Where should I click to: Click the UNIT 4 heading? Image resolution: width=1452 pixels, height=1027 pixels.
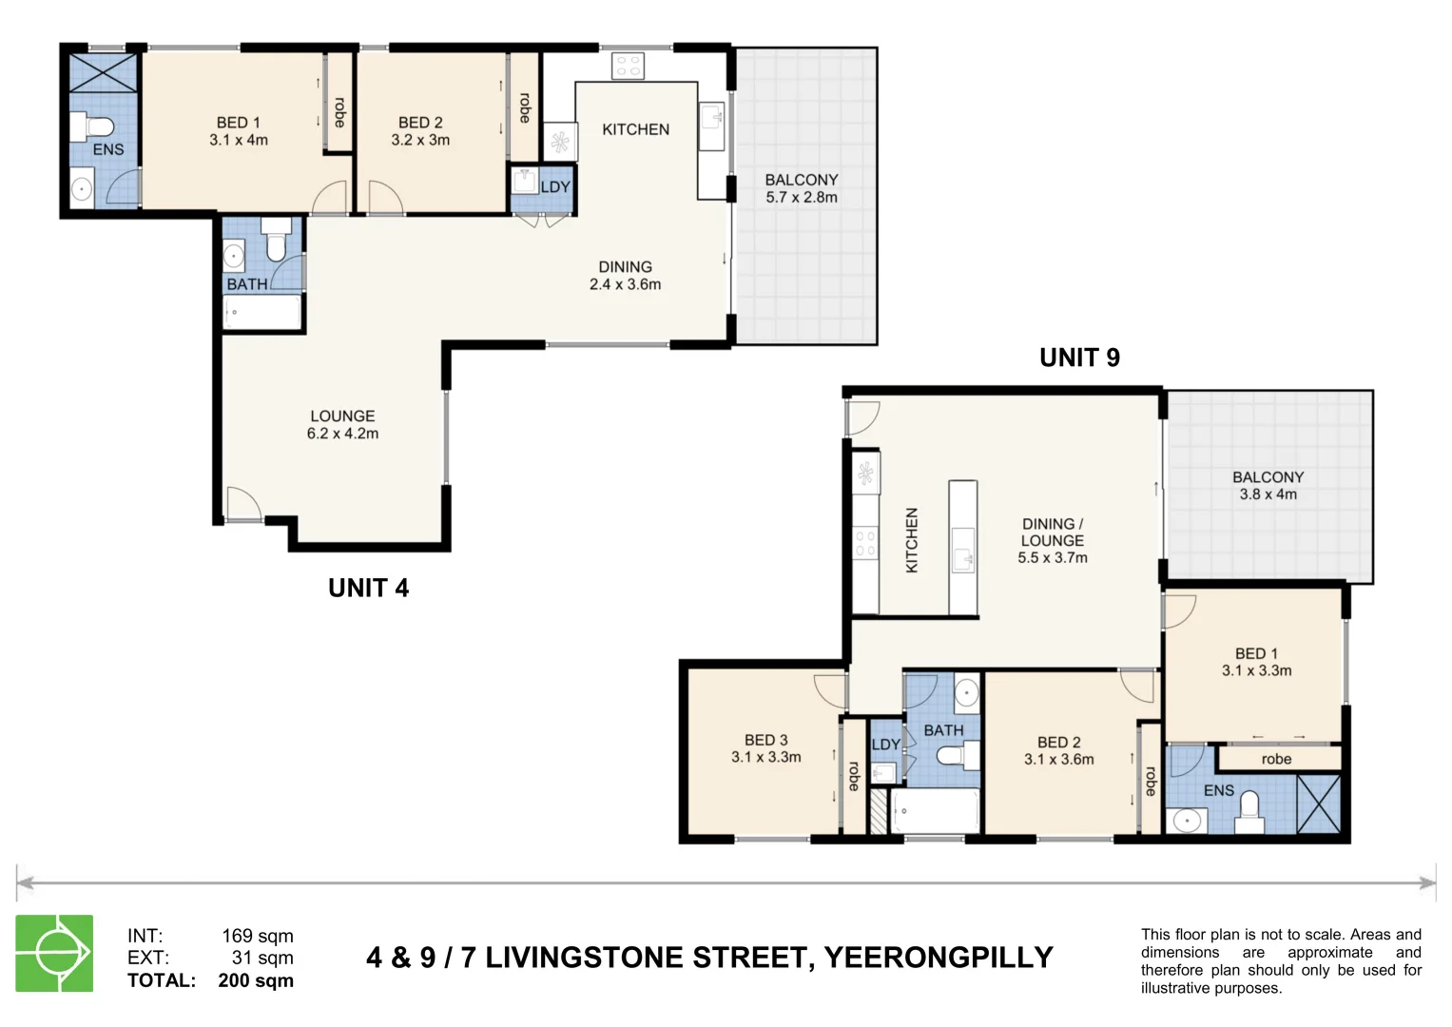coord(368,589)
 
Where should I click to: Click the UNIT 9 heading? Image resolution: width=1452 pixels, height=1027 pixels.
coord(1079,358)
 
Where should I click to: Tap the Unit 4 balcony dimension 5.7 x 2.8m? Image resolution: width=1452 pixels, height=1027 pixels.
coord(802,198)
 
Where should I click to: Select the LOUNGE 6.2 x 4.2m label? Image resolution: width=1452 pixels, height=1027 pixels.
coord(342,425)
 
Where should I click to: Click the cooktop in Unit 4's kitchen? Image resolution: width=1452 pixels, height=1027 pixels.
coord(628,66)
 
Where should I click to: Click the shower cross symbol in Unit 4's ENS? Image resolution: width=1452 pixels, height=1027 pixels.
coord(104,72)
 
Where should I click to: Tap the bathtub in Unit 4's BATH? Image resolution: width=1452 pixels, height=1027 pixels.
coord(262,312)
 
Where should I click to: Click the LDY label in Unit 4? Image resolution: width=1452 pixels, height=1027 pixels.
coord(555,187)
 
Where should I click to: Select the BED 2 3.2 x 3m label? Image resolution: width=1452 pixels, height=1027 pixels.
coord(420,131)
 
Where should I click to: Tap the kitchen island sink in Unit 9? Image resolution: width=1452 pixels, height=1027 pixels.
coord(963,550)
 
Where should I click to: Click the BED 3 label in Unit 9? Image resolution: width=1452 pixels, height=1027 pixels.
coord(765,740)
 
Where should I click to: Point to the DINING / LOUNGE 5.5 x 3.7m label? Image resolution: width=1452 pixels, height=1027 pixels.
coord(1053,541)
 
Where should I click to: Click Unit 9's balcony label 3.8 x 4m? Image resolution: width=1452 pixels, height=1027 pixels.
coord(1268,486)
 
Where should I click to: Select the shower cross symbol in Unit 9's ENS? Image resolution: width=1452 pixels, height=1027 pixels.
coord(1318,804)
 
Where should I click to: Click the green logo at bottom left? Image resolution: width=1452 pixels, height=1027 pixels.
coord(54,954)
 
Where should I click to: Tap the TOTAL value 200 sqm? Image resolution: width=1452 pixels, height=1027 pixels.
coord(256,980)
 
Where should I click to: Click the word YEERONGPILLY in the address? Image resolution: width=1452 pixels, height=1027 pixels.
coord(938,958)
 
